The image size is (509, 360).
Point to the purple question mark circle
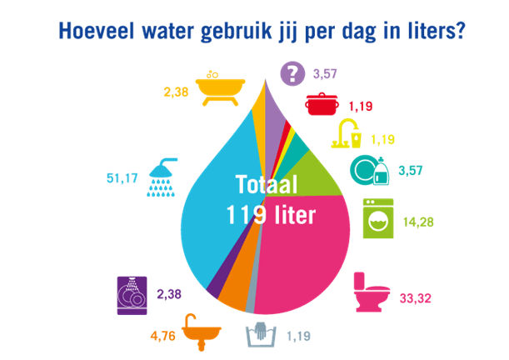click(x=292, y=74)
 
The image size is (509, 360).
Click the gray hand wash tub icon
click(x=265, y=337)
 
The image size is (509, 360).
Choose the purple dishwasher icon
click(x=130, y=295)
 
